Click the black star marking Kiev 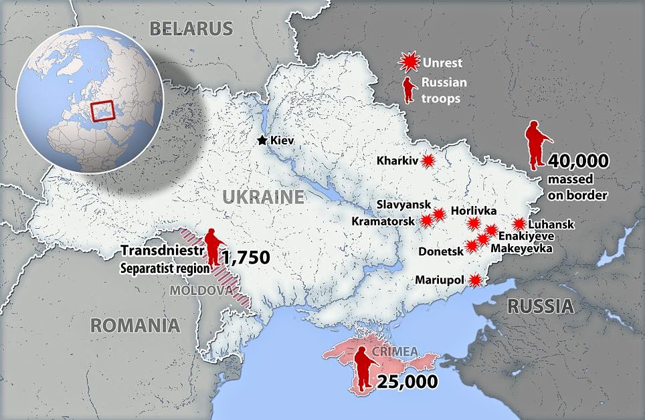[x=262, y=140]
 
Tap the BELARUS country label [x=191, y=28]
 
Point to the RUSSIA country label [x=540, y=306]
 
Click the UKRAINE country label [x=263, y=196]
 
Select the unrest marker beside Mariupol [x=476, y=280]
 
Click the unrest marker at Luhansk [x=519, y=225]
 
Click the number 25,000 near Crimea [x=407, y=382]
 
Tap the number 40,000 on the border [x=578, y=161]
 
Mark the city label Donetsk [x=440, y=251]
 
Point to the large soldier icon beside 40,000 [x=537, y=145]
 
